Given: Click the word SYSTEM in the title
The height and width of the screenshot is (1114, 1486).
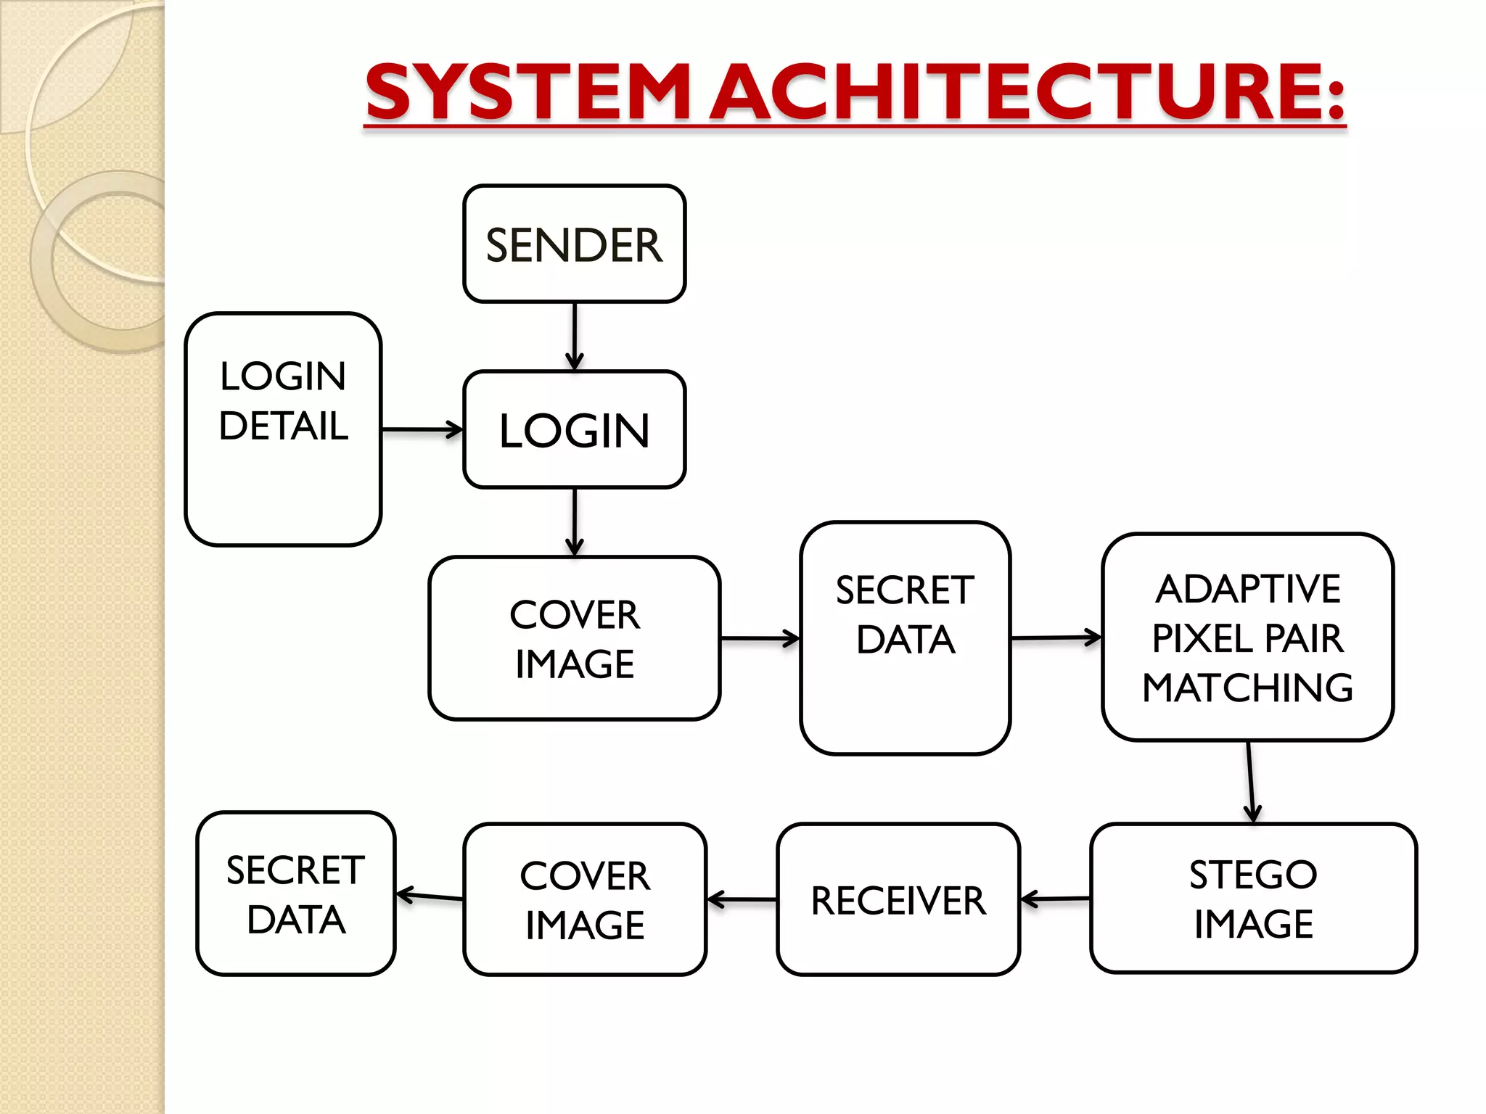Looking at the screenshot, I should [528, 92].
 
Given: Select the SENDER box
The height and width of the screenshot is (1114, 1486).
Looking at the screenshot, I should [574, 244].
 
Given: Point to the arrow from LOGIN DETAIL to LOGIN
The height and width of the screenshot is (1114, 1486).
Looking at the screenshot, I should [422, 429].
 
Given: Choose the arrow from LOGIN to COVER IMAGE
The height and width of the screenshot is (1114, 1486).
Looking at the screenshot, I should [574, 521].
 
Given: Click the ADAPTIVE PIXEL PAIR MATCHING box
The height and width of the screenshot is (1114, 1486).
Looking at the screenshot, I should [1247, 637].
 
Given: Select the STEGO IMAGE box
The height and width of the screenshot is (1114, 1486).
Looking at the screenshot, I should [1253, 898].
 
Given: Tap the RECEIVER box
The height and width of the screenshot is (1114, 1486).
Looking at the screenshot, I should [898, 899].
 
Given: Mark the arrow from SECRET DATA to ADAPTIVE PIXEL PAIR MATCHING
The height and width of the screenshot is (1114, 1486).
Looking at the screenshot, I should [1056, 638].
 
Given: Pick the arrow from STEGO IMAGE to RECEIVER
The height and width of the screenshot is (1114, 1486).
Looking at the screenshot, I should [1055, 899].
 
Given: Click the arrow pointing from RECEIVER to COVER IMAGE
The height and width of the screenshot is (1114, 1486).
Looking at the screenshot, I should [742, 899].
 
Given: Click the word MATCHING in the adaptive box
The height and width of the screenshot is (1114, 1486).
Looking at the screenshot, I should [1247, 687].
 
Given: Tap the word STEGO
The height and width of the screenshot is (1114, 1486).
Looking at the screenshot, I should [1253, 874].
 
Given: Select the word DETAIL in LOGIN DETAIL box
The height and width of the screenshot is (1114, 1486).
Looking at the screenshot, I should [284, 425].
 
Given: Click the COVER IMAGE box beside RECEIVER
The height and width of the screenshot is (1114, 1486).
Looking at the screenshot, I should [585, 899].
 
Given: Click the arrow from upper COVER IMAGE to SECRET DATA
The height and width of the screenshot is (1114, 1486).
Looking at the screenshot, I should [760, 638].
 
